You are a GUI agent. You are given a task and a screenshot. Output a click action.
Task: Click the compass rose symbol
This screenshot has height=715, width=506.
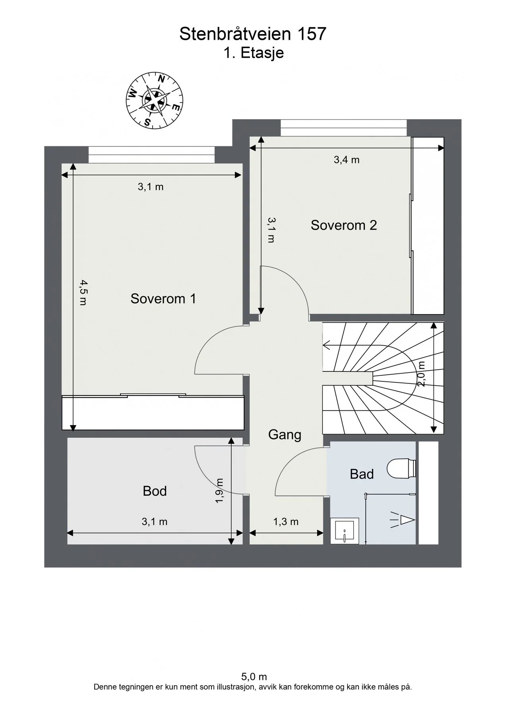coord(154,100)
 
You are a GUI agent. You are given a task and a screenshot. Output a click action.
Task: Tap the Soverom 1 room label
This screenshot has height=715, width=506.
coord(163,299)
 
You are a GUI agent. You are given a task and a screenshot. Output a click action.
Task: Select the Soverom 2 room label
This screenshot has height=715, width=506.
coord(344,225)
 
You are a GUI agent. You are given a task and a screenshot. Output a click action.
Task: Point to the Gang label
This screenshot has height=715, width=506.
coord(285,435)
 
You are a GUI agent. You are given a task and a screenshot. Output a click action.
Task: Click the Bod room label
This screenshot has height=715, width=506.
coord(155,491)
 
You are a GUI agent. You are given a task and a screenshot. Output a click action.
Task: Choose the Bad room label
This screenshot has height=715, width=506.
coord(362,474)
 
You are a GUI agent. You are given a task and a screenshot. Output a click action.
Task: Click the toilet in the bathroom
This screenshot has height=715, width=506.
coord(401,468)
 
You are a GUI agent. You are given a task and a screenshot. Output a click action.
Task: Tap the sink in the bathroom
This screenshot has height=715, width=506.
coord(345,531)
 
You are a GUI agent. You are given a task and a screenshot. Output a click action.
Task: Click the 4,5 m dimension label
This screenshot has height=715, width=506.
coord(83,292)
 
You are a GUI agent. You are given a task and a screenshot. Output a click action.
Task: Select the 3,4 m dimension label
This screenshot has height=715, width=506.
coord(347,160)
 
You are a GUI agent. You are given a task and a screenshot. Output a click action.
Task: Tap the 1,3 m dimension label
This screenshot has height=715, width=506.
coord(286,522)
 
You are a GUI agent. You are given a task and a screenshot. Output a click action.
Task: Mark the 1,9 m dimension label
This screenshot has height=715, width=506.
coord(220,490)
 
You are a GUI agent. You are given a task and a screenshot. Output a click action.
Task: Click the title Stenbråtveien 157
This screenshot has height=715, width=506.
coord(253,34)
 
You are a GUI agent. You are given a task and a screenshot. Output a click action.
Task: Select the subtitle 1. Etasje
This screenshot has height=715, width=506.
coord(254,53)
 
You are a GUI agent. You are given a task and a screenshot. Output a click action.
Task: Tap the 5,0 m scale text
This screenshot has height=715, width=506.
coord(254,676)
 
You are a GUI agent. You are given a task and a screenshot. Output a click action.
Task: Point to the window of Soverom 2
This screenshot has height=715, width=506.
coord(344,128)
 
